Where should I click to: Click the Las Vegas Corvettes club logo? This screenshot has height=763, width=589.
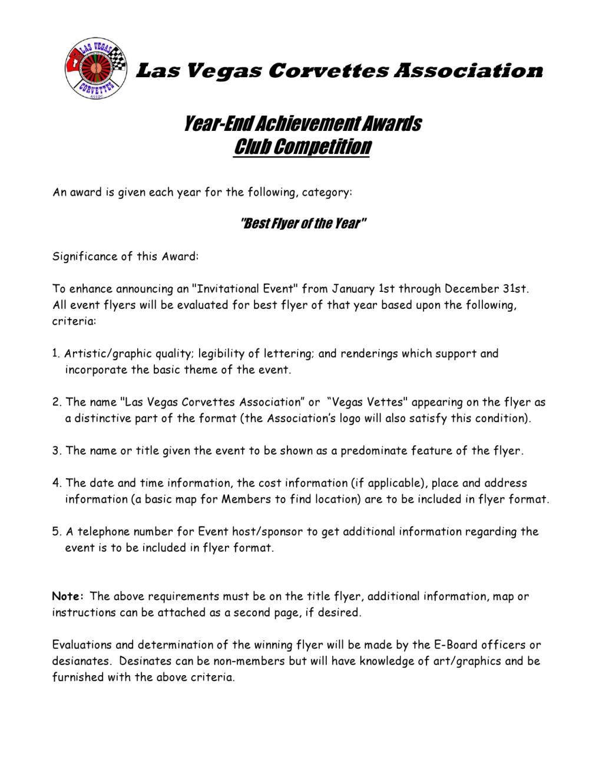click(x=95, y=70)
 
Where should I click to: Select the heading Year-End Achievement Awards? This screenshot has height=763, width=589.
click(x=302, y=124)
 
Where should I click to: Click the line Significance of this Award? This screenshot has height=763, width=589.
click(x=126, y=256)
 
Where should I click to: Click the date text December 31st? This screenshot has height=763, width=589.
click(x=487, y=289)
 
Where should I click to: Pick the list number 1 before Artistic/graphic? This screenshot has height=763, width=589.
click(x=56, y=354)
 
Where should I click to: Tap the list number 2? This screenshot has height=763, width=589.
click(x=57, y=402)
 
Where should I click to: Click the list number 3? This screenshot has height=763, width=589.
click(x=57, y=451)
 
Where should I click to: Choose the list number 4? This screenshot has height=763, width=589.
click(x=57, y=484)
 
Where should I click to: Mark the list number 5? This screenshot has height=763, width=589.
click(x=57, y=532)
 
